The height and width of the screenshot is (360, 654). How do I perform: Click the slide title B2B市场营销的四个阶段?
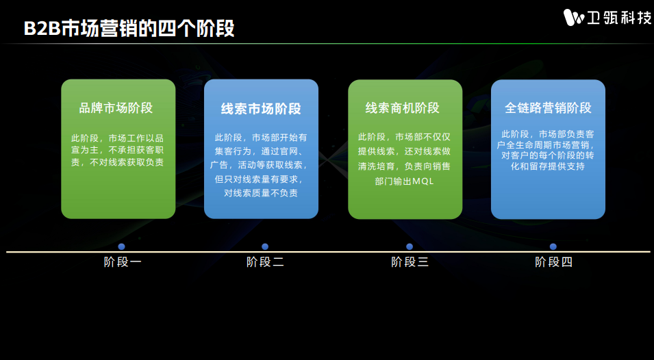click(x=129, y=28)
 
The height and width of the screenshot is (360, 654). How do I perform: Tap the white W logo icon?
click(x=574, y=18)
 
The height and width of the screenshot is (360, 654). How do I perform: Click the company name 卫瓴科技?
click(x=619, y=18)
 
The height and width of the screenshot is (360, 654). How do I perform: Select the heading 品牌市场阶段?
click(x=116, y=108)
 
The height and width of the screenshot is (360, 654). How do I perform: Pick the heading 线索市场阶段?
click(x=261, y=109)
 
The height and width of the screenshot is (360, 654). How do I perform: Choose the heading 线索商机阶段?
click(x=403, y=108)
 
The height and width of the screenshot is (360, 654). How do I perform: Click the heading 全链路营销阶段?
click(x=548, y=108)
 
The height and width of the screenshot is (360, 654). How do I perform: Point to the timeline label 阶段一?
click(x=123, y=262)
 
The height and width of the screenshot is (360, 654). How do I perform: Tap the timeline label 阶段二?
click(x=265, y=262)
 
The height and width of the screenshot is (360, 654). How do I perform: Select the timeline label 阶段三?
click(x=410, y=262)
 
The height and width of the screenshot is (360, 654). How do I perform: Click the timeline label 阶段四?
click(x=554, y=262)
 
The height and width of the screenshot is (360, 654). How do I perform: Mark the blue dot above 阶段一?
click(x=121, y=246)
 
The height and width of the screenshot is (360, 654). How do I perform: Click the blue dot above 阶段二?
click(x=265, y=246)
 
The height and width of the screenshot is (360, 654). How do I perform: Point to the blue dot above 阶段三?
click(x=409, y=246)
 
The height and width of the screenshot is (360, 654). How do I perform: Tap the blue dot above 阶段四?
click(x=553, y=246)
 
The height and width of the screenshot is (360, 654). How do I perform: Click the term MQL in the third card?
click(x=423, y=181)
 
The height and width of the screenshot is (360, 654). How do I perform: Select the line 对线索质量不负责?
click(x=261, y=193)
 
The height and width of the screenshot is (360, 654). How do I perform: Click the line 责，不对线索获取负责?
click(x=117, y=162)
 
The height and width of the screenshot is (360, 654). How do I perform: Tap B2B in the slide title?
click(x=42, y=29)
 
